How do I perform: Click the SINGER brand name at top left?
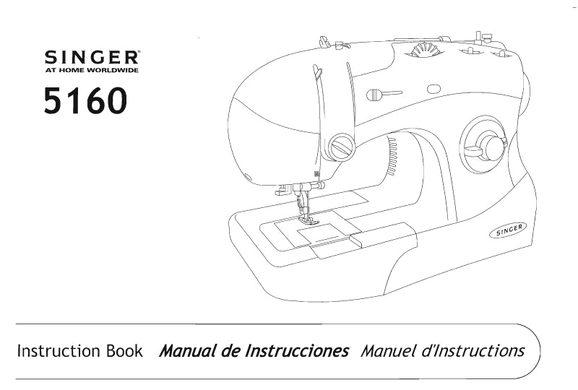click(x=91, y=57)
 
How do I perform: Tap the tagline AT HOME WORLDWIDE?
click(x=92, y=70)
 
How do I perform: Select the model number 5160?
click(x=85, y=100)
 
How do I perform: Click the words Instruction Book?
click(x=80, y=351)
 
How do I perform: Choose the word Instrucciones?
click(x=297, y=351)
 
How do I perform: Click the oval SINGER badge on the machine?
click(x=508, y=230)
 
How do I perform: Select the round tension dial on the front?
click(x=341, y=147)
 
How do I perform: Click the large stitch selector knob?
click(x=485, y=146)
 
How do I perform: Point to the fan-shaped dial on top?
click(x=425, y=50)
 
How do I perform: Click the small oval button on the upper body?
click(x=434, y=89)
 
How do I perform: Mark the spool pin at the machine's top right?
click(x=479, y=38)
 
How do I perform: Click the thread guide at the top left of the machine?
click(x=324, y=42)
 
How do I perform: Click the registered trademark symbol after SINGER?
click(x=137, y=53)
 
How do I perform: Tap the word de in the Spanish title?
click(x=231, y=351)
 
